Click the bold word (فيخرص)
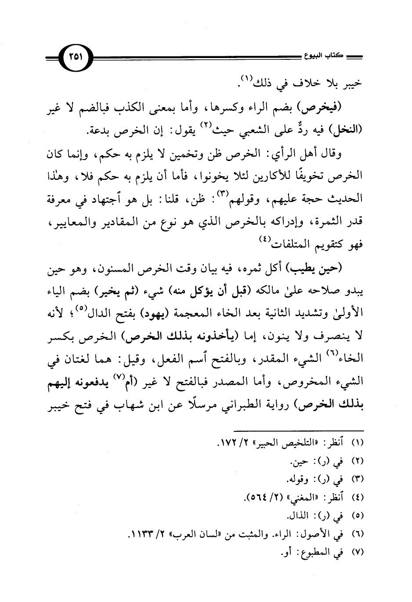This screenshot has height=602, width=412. pos(342,107)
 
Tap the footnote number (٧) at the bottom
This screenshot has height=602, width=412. pos(354,551)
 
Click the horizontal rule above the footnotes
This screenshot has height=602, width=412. pos(298,429)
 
